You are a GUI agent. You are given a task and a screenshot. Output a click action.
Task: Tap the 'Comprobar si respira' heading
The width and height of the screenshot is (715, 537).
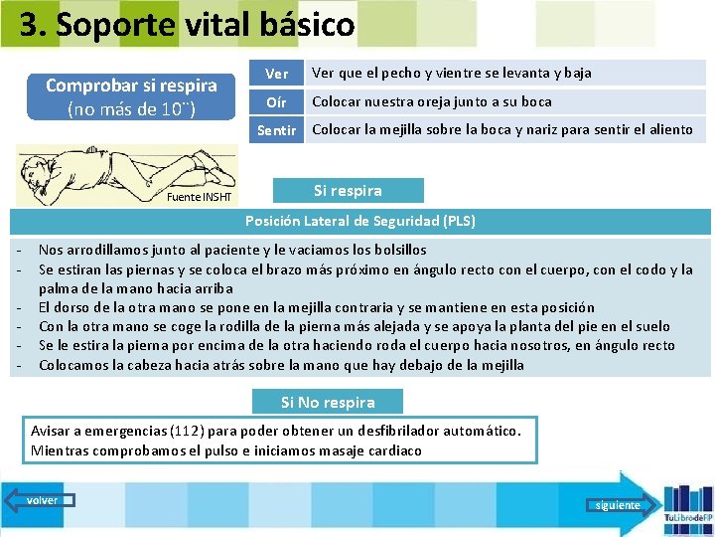coord(131,86)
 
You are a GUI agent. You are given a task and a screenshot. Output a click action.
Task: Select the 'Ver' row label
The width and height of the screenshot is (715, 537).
coord(277,74)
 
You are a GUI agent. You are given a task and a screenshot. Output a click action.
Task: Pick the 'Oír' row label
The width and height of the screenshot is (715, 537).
coord(277,101)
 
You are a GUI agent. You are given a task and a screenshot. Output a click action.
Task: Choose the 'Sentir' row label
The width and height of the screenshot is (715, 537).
coord(277,130)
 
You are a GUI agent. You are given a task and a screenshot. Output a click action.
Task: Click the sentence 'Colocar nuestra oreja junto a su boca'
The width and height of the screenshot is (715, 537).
coord(432,101)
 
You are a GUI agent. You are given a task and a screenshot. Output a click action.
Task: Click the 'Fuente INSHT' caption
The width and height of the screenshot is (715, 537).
coord(199,197)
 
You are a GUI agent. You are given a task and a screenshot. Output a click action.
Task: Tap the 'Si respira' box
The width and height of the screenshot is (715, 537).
coord(348,190)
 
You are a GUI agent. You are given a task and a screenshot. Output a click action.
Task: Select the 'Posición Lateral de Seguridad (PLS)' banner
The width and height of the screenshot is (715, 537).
coord(359,221)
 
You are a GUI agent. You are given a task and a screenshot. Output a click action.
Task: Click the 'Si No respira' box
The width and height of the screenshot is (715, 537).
coord(328,403)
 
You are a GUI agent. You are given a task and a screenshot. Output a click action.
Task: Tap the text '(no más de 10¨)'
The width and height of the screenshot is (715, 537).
coord(131,108)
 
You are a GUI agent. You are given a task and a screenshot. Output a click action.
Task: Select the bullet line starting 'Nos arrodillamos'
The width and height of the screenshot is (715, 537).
coord(232,250)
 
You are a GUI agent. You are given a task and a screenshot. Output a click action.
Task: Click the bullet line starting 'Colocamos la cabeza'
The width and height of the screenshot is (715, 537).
coord(281,365)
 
